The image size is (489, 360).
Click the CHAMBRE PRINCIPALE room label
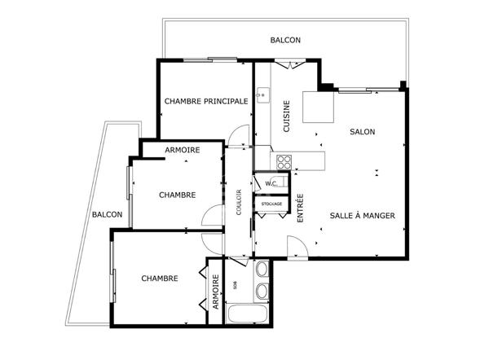pos(206,101)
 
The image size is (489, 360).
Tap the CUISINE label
pos(286,116)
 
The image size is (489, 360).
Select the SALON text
pos(363,132)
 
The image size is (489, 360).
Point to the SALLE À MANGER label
pos(363,215)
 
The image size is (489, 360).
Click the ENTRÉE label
pos(300,209)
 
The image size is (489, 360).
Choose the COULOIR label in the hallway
pos(239,202)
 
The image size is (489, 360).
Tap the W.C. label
pos(271,183)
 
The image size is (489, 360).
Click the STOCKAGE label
pos(271,204)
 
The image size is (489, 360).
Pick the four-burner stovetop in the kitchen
pos(284,162)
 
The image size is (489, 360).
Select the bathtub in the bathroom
pos(247,314)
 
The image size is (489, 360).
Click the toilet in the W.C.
pos(283,182)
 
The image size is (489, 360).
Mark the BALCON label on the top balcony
pos(285,40)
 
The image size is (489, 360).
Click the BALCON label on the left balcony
pos(107,214)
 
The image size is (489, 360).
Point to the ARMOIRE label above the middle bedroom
pos(183,150)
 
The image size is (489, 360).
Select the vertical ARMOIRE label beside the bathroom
pos(216,292)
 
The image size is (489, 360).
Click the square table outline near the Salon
pos(318,107)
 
